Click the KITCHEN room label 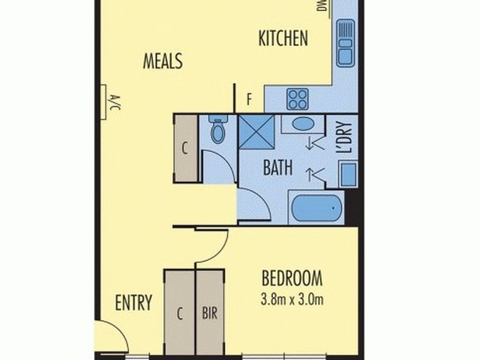coord(283,38)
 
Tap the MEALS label coord(163,61)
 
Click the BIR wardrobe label coord(210,313)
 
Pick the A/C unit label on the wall coord(115,103)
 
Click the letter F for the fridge coord(249,99)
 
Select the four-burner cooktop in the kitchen coord(298,99)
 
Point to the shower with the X coord(256,132)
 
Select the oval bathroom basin coord(303,124)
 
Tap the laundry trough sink coord(348,174)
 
